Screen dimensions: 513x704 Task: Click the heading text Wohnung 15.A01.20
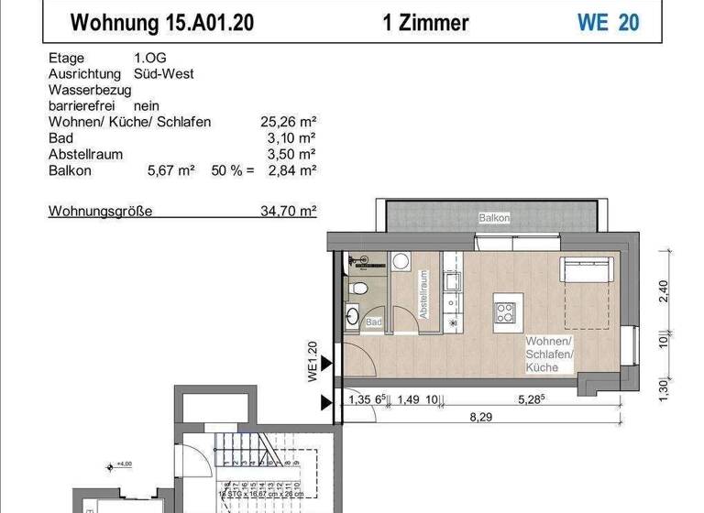click(x=162, y=22)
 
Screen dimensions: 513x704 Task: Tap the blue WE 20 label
click(x=608, y=22)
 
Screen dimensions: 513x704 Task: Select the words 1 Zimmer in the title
click(x=426, y=22)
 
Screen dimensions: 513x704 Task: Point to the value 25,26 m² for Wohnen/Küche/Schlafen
click(x=289, y=122)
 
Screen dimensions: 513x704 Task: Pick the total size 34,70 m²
click(x=289, y=211)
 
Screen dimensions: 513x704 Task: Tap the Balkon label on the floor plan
click(x=493, y=218)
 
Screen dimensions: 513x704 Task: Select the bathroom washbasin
click(x=353, y=317)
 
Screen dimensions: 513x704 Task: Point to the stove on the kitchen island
click(x=505, y=311)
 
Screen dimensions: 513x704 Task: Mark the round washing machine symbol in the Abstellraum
click(x=401, y=262)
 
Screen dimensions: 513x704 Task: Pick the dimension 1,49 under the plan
click(x=406, y=399)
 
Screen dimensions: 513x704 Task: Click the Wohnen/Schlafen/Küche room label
click(x=549, y=354)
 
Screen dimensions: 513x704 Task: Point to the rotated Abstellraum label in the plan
click(x=423, y=295)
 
